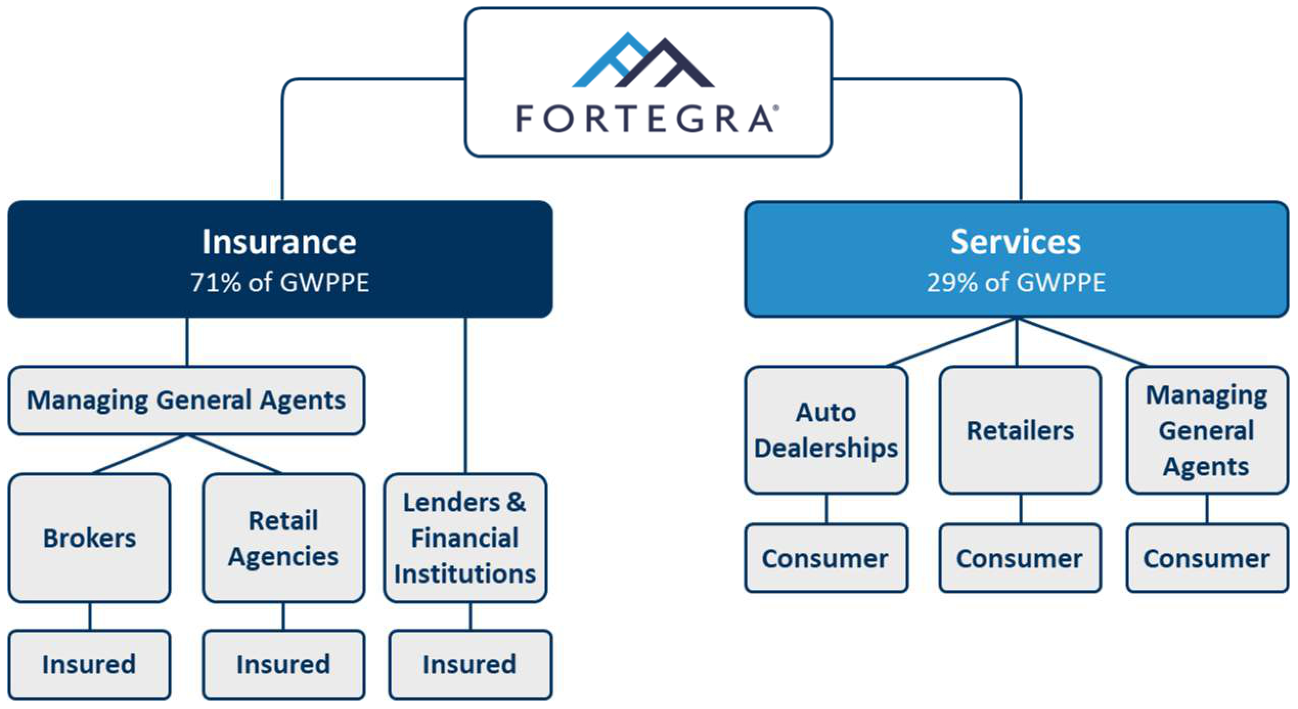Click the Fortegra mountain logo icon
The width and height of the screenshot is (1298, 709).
[643, 60]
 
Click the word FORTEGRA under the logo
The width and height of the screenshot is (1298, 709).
[646, 119]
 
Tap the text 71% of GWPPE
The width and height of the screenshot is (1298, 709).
[280, 282]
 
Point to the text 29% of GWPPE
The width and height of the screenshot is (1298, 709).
[1016, 282]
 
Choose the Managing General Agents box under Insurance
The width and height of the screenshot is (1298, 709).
[187, 401]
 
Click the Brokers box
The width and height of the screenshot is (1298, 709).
[89, 538]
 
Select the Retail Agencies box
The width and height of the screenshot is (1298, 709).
[284, 538]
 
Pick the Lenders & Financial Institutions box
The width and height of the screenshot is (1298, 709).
[465, 538]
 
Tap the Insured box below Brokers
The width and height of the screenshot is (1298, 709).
[89, 664]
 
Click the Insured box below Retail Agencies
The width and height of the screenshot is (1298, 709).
[284, 664]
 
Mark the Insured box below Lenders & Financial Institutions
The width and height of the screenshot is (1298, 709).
[471, 664]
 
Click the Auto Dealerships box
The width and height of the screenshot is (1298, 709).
[826, 430]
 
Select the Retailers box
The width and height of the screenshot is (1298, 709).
[1020, 430]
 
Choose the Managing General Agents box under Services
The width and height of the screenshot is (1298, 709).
[1207, 430]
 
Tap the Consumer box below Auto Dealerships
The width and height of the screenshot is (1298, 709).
[826, 558]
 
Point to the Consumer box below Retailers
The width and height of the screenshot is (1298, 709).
[1020, 558]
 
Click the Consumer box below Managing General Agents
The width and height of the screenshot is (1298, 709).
[1207, 558]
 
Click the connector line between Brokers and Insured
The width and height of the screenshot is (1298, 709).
[90, 616]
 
